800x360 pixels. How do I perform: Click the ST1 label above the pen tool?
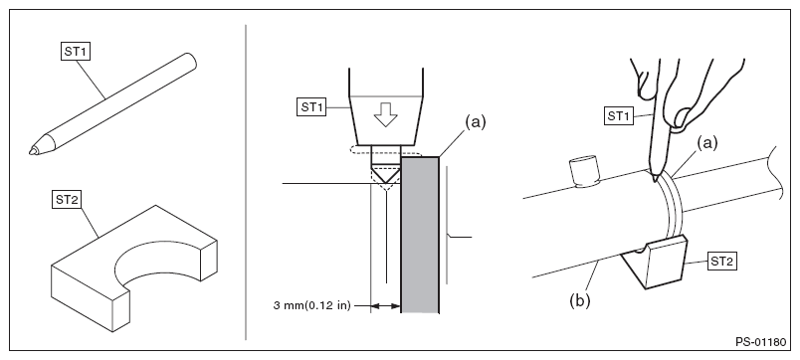click(x=75, y=52)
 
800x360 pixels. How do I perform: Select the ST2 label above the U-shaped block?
click(x=68, y=200)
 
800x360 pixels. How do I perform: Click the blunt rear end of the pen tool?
click(x=190, y=61)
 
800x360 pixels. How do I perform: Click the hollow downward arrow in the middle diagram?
click(x=386, y=114)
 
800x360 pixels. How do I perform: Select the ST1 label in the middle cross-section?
click(x=311, y=107)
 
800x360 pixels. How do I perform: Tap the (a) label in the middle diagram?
click(x=475, y=122)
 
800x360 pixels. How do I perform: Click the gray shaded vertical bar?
click(x=420, y=235)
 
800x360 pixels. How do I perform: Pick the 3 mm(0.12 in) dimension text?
click(x=312, y=306)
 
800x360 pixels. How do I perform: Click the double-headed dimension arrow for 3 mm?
click(x=386, y=306)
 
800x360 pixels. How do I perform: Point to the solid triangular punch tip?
click(x=386, y=174)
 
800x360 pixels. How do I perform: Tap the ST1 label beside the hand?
click(x=619, y=116)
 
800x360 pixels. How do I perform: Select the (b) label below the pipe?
click(x=579, y=300)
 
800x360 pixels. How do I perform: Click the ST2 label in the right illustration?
click(x=722, y=263)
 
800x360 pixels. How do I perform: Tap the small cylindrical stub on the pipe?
click(x=585, y=171)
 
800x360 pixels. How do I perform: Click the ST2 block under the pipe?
click(x=654, y=263)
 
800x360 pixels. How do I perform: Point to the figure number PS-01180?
click(x=760, y=342)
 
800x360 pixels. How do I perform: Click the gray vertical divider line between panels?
click(x=246, y=182)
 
